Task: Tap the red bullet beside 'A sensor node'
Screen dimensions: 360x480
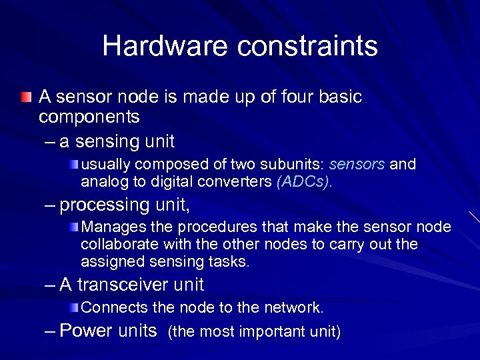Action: click(25, 97)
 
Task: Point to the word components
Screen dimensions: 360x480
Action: click(89, 117)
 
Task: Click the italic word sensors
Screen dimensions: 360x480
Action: click(357, 164)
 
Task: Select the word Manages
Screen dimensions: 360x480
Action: click(112, 228)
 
